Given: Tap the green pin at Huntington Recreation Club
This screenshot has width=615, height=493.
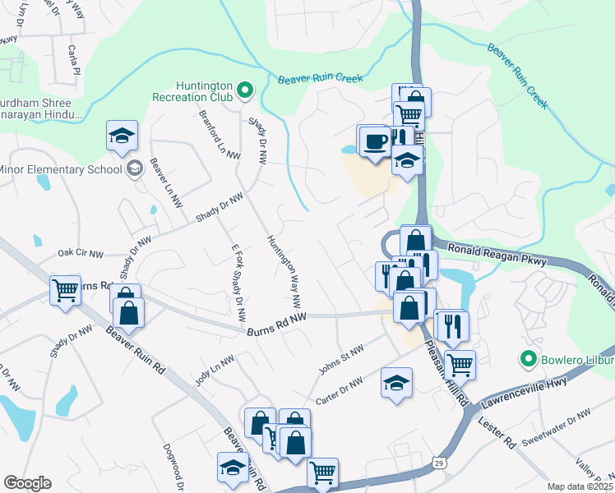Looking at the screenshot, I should click(244, 90).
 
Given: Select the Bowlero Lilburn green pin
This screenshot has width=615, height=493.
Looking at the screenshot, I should click(527, 358).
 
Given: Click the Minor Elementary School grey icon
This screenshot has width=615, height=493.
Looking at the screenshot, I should click(134, 169).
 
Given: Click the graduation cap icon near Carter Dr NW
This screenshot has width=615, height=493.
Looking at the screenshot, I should click(396, 383).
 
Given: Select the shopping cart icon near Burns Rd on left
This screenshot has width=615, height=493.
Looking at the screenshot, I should click(65, 289).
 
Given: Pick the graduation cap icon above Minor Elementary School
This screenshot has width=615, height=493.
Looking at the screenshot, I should click(122, 136).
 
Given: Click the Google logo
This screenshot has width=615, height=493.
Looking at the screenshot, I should click(27, 483).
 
